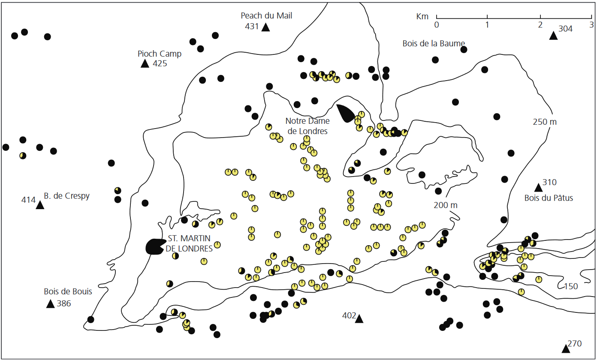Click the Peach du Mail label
(x=266, y=16)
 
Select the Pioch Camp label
(x=160, y=54)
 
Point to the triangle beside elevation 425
(x=145, y=64)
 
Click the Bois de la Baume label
(x=434, y=43)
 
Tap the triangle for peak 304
(x=553, y=36)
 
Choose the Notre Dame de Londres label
(x=307, y=126)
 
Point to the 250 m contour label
(x=545, y=122)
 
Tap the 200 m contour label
(x=446, y=205)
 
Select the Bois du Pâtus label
(x=549, y=198)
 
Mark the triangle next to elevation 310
(x=538, y=188)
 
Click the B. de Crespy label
(x=66, y=196)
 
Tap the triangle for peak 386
(x=50, y=304)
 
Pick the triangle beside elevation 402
(x=359, y=319)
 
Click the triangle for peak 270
(x=566, y=349)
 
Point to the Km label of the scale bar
(x=422, y=16)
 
